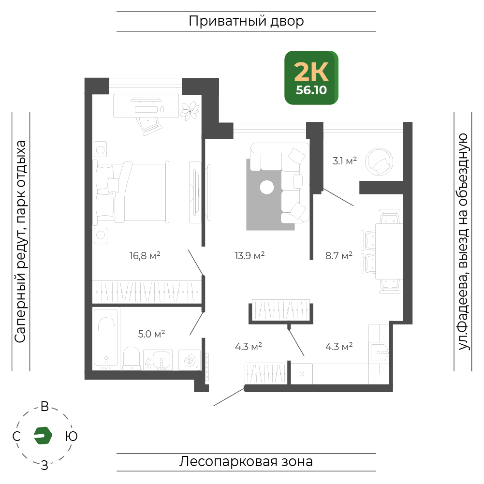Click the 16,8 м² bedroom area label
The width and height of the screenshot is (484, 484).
[145, 256]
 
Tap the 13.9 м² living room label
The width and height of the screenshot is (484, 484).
[249, 256]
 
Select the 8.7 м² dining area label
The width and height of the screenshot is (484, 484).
[338, 256]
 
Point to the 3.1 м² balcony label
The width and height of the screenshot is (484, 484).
[344, 161]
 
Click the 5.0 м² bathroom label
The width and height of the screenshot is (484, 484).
[151, 334]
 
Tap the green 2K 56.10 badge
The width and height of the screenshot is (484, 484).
[311, 78]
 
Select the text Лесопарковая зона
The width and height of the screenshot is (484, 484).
[246, 462]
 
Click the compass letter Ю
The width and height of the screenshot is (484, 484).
[71, 436]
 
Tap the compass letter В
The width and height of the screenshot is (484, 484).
[45, 407]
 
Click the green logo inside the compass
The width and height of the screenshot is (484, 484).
[43, 436]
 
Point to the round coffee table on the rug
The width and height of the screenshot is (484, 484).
[267, 188]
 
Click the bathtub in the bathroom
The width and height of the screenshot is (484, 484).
[106, 339]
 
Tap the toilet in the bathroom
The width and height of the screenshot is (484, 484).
[132, 359]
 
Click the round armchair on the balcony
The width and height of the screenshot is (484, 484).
[379, 162]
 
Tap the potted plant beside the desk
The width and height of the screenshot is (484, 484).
[190, 111]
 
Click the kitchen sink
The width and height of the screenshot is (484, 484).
[380, 352]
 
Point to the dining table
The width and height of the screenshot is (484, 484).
[389, 251]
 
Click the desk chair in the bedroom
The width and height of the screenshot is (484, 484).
[149, 126]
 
